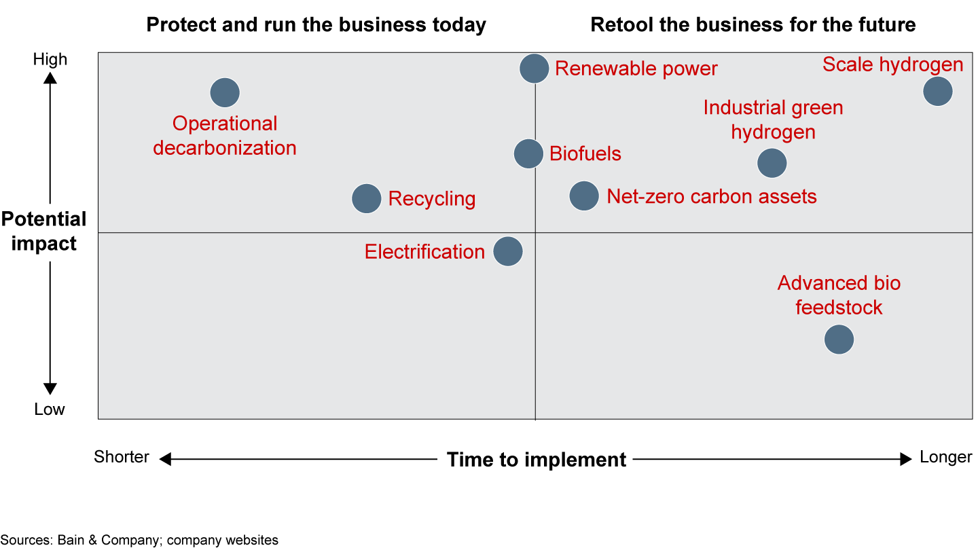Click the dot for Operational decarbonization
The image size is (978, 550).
pos(225,92)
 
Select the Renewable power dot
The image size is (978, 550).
pos(534,69)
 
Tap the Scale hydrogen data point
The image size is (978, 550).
pos(938,91)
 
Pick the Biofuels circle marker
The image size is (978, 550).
pos(528,153)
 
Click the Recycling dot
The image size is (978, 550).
pos(366,198)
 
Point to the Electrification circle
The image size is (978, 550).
pos(508,251)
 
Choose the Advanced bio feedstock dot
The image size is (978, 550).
pos(839,340)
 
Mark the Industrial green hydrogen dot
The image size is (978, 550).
pos(772,163)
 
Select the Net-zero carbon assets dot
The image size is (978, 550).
pos(584,196)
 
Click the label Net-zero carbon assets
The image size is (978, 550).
pos(712,196)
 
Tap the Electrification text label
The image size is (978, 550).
pos(425,252)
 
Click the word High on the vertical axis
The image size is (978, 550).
pos(50,59)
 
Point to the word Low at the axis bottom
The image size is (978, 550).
pos(50,409)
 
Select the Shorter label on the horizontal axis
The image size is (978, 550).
pos(122,457)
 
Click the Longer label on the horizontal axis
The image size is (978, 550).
pos(945,457)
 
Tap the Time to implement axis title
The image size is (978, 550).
pos(537,460)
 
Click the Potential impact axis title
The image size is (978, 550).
pos(43,232)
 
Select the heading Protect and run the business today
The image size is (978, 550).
pos(316,24)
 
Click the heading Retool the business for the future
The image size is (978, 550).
pos(753,24)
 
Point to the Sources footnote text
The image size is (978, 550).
pos(139,540)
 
